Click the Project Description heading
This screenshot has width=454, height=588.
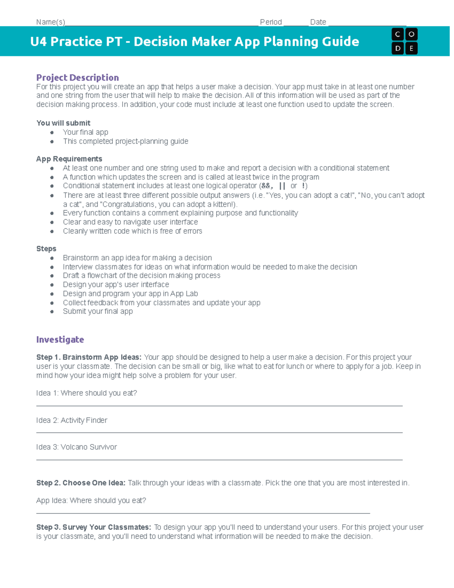78,78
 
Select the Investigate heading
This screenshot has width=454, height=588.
60,340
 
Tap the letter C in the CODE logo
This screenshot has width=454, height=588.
398,34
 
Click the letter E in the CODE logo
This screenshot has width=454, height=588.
411,48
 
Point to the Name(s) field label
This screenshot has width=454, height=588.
51,22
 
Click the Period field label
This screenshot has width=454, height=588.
271,22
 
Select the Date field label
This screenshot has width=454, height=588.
318,22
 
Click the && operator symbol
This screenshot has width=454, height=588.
266,186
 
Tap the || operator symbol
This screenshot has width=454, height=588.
282,186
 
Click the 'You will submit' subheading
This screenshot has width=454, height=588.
63,123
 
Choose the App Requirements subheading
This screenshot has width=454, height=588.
69,159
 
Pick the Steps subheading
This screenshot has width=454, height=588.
46,249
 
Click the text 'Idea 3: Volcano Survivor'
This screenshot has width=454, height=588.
76,447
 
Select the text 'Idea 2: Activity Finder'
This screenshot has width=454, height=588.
72,420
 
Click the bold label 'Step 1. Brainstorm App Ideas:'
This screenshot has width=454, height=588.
89,357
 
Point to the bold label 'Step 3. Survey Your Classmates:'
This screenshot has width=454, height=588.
93,527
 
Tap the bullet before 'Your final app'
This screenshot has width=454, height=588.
52,133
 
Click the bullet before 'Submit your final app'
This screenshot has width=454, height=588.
52,312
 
